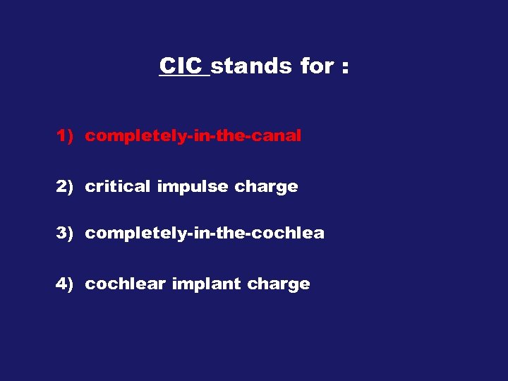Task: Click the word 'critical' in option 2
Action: (117, 187)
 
